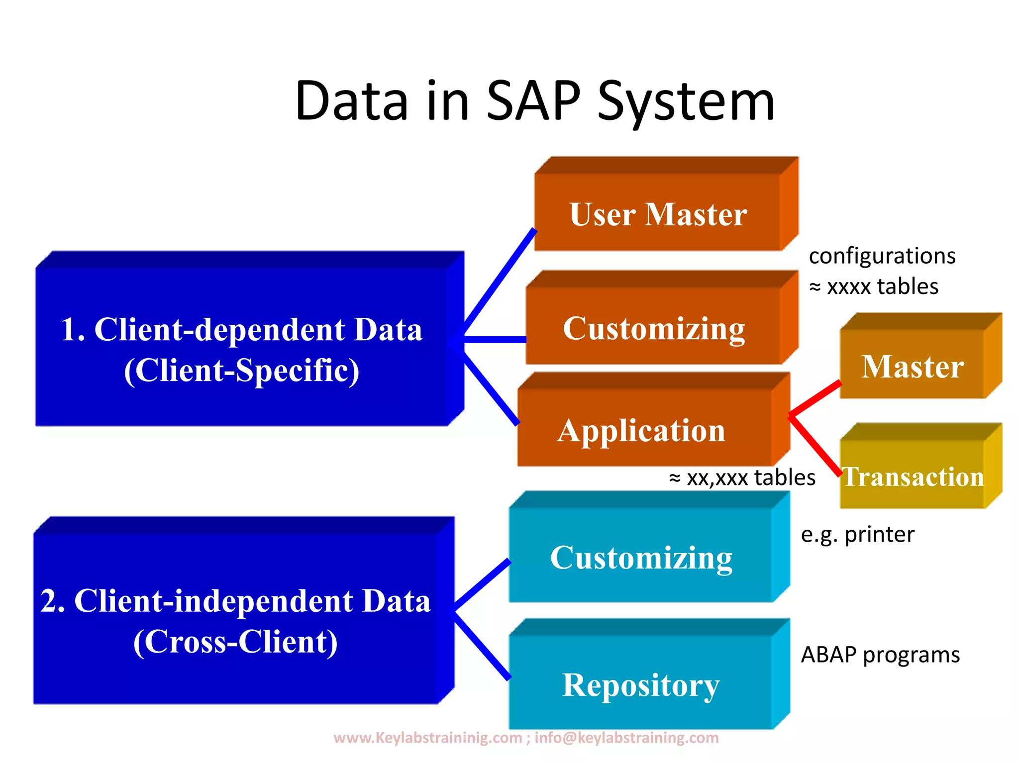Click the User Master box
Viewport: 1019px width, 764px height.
click(658, 214)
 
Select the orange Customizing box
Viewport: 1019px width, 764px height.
click(653, 328)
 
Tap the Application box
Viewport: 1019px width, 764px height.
click(642, 430)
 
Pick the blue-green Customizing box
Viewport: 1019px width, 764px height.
click(641, 557)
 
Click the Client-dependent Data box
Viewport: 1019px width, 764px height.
click(242, 348)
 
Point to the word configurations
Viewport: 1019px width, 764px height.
click(882, 256)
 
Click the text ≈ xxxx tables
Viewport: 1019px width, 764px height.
click(874, 286)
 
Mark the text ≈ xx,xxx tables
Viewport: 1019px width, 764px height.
click(742, 477)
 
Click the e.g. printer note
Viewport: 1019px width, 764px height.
click(857, 534)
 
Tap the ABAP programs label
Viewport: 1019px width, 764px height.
click(880, 655)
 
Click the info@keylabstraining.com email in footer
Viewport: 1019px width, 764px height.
click(626, 737)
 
